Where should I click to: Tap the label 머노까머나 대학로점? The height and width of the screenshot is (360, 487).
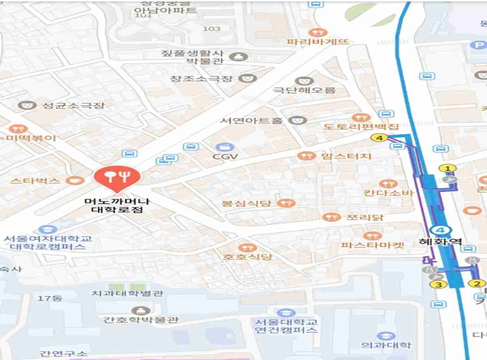click(x=117, y=206)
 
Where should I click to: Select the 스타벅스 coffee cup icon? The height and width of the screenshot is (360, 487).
click(x=75, y=181)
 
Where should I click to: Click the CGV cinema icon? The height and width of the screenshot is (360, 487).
click(x=225, y=147)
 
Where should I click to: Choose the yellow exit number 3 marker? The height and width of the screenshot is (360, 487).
click(x=438, y=285)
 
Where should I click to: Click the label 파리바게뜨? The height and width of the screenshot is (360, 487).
click(x=318, y=42)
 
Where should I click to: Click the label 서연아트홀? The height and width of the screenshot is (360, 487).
click(x=252, y=121)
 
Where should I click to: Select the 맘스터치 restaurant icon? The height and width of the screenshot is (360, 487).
click(x=307, y=156)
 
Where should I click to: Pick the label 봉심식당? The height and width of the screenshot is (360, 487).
click(x=246, y=204)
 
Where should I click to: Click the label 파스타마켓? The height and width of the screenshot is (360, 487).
click(x=372, y=245)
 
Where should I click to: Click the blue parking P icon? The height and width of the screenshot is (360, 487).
click(x=475, y=45)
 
